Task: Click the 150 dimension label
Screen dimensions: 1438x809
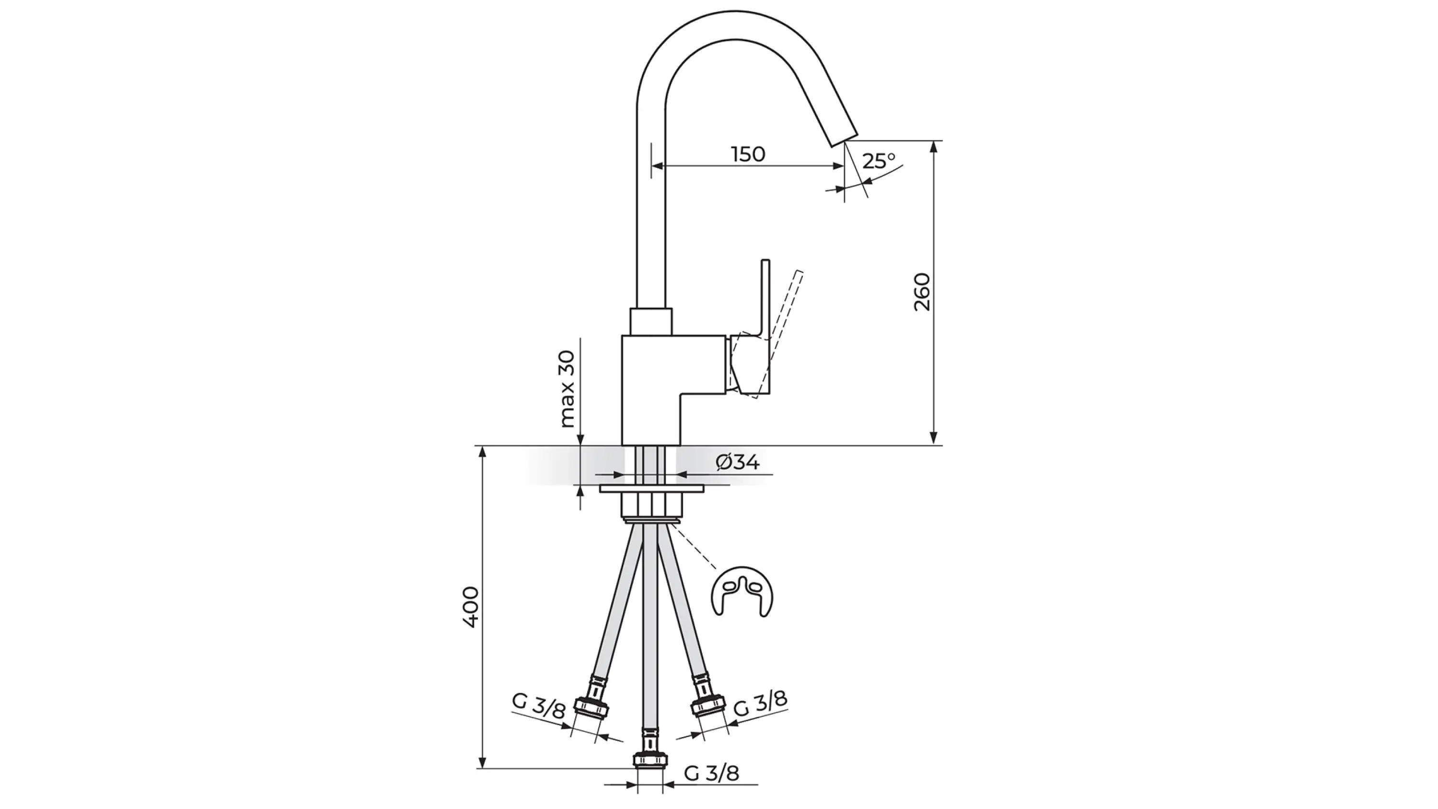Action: click(748, 154)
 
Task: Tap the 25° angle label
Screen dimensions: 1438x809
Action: click(879, 161)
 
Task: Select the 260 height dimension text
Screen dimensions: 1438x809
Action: click(923, 292)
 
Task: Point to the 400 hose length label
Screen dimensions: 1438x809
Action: click(471, 608)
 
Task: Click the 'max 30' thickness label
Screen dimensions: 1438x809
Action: click(566, 389)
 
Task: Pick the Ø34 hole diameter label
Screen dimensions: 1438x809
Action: click(737, 462)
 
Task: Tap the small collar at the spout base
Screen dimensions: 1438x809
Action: click(650, 321)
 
